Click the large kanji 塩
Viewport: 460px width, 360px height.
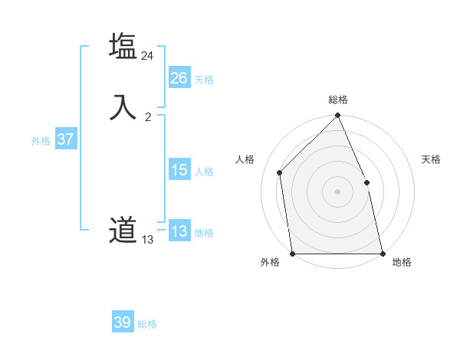pyautogui.click(x=123, y=47)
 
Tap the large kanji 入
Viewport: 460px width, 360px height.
pyautogui.click(x=123, y=107)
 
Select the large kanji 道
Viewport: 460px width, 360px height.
pyautogui.click(x=123, y=231)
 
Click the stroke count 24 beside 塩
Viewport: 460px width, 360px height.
pyautogui.click(x=147, y=56)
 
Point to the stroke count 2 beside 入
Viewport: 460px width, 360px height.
pyautogui.click(x=148, y=116)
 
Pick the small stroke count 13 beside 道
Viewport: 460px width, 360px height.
pyautogui.click(x=147, y=240)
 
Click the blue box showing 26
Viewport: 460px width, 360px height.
pyautogui.click(x=179, y=78)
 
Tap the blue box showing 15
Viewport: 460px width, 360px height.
pyautogui.click(x=179, y=170)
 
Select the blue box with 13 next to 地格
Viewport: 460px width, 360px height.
pyautogui.click(x=179, y=231)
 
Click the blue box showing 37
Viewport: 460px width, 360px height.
pyautogui.click(x=65, y=139)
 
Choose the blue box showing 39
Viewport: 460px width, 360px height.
pyautogui.click(x=123, y=322)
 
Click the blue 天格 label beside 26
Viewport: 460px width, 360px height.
pyautogui.click(x=204, y=80)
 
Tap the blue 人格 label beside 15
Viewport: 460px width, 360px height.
pyautogui.click(x=204, y=172)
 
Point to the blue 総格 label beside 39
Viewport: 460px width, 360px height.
pyautogui.click(x=147, y=324)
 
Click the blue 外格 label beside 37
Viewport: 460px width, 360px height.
pyautogui.click(x=41, y=141)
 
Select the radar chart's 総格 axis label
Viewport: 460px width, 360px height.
pyautogui.click(x=338, y=100)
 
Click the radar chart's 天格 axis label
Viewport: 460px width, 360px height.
pyautogui.click(x=431, y=159)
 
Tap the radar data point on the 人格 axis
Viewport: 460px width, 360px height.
pyautogui.click(x=280, y=172)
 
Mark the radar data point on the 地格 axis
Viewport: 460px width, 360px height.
pyautogui.click(x=382, y=253)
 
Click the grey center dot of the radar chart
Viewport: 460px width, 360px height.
pyautogui.click(x=337, y=191)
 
